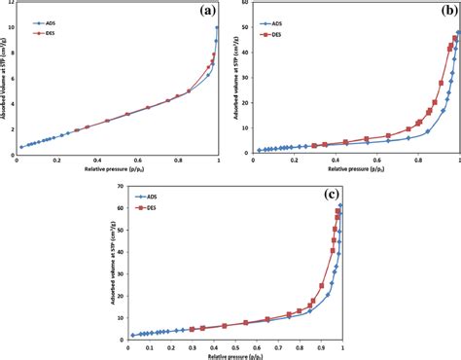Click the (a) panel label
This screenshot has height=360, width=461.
(206, 12)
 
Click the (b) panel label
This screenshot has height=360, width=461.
(439, 13)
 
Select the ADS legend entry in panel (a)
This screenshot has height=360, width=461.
(44, 22)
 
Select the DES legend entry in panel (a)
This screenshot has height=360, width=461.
(44, 32)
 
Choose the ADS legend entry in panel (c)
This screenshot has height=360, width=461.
(150, 198)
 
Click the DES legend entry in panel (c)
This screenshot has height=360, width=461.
(150, 207)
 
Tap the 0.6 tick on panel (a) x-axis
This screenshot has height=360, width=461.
(138, 162)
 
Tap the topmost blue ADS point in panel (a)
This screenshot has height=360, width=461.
(217, 27)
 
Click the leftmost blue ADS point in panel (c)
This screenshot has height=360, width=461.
(132, 335)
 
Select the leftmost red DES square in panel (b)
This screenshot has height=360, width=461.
(314, 145)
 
